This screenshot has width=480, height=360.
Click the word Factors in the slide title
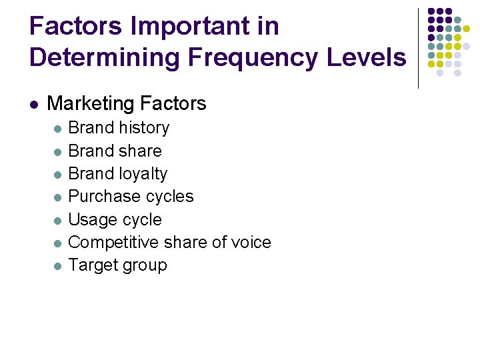[x=77, y=27]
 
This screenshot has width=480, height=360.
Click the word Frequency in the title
[x=254, y=57]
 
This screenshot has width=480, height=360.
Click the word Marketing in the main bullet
[x=91, y=103]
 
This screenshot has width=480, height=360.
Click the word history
[x=140, y=127]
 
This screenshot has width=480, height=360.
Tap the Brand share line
[x=115, y=151]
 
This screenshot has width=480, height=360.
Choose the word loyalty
[x=142, y=174]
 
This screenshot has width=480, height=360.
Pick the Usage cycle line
[x=115, y=219]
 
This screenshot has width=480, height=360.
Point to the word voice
[x=251, y=242]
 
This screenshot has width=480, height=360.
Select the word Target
[x=91, y=265]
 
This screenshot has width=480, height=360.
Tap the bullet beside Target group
[x=57, y=266]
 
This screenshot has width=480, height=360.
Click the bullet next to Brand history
[x=57, y=128]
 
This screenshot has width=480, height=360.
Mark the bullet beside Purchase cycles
[x=57, y=197]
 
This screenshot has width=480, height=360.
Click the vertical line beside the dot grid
[x=418, y=48]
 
